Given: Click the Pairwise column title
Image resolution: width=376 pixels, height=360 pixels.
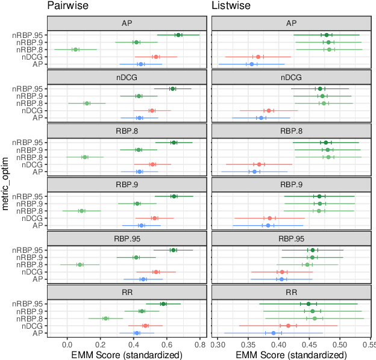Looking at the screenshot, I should tap(67, 7).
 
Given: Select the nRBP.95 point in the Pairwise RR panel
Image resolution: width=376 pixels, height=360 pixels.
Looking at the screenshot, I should tap(163, 303).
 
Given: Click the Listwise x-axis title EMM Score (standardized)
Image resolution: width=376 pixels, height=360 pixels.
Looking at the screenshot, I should tap(292, 355).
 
